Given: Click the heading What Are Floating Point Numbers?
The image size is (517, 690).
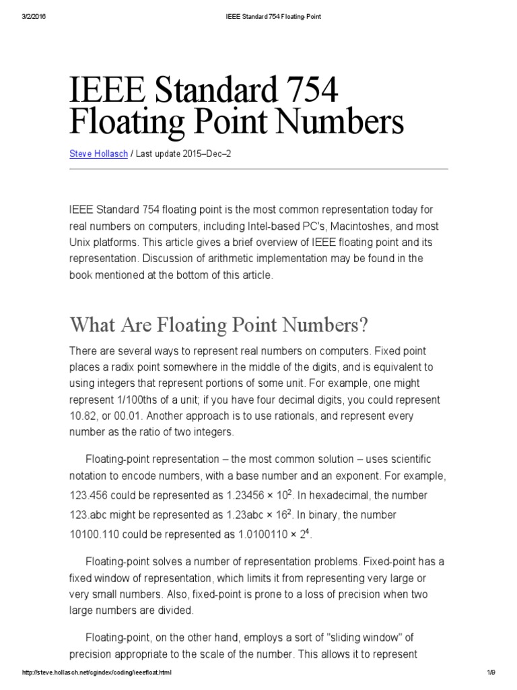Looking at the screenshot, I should tap(219, 326).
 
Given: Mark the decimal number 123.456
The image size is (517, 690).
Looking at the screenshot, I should tap(92, 496).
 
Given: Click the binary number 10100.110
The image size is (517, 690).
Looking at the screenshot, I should tap(98, 532).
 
